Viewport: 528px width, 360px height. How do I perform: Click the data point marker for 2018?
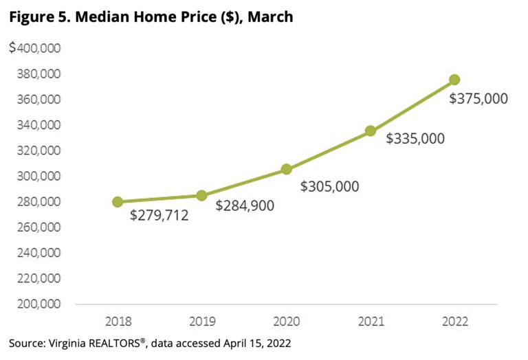(118, 202)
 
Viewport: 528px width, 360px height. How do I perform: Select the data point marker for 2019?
(202, 196)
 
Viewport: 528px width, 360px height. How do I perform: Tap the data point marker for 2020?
(287, 169)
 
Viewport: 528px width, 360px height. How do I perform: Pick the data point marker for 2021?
(371, 131)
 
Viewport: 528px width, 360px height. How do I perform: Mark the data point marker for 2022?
(454, 80)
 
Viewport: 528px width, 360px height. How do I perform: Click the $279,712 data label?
(159, 216)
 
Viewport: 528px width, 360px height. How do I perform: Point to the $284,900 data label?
(245, 205)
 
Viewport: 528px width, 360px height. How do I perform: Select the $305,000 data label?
(329, 185)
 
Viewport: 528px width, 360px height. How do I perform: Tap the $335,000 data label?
(415, 139)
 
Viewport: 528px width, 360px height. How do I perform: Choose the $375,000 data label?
(478, 99)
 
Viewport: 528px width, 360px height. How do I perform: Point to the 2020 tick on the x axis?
(286, 322)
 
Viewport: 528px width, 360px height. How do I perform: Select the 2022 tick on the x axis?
(454, 322)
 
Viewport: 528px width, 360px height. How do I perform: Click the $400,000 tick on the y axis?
(35, 48)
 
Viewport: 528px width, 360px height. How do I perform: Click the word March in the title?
(270, 16)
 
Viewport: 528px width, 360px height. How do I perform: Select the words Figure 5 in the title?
(36, 16)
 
